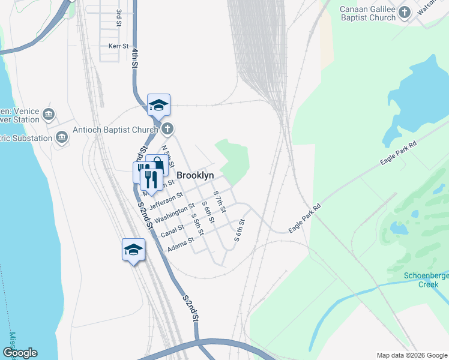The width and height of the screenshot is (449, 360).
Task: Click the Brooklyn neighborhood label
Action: click(x=195, y=175)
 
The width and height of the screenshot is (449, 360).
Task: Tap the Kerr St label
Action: click(x=118, y=46)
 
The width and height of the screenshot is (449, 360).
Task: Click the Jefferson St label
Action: click(x=166, y=200)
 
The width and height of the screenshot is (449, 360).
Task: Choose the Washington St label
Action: click(x=175, y=214)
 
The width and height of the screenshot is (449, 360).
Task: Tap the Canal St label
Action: click(x=172, y=230)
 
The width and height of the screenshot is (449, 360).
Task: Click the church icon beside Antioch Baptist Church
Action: click(x=167, y=128)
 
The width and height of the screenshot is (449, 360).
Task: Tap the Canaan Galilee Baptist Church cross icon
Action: click(x=405, y=11)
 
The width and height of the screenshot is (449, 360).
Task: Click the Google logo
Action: click(x=19, y=353)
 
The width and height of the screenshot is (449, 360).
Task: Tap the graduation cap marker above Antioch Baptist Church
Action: click(x=159, y=105)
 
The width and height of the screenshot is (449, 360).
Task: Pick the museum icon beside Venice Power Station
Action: click(x=49, y=114)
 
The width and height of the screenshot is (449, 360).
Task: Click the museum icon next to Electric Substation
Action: click(x=61, y=139)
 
